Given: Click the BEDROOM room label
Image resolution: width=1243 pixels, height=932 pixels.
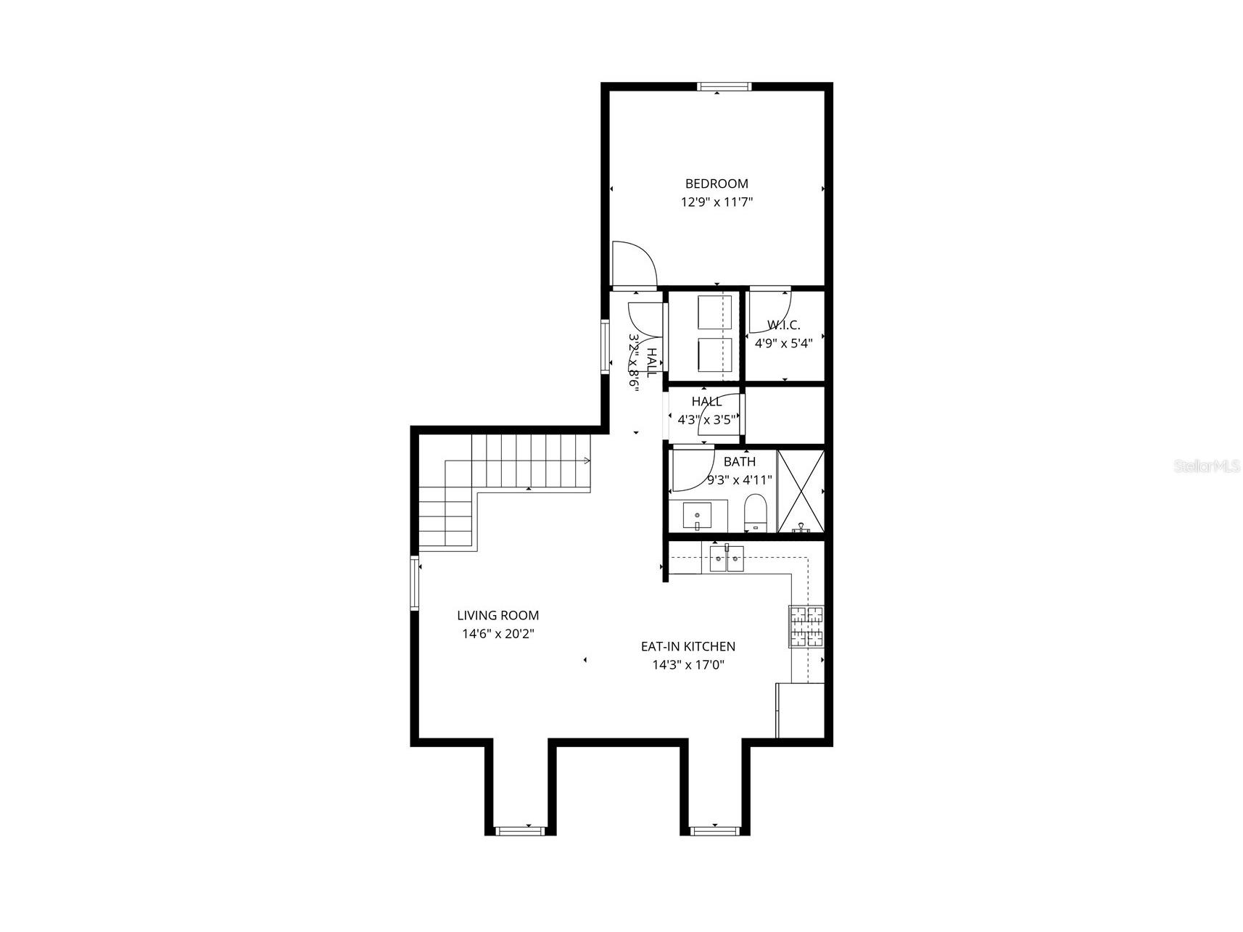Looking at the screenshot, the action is (x=717, y=184).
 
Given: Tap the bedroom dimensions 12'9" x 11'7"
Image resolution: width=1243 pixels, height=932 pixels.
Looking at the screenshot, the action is (x=717, y=202).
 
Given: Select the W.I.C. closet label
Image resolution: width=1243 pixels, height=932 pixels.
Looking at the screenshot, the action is (x=784, y=325).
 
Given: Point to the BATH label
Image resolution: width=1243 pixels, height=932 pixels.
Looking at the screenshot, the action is (x=739, y=462).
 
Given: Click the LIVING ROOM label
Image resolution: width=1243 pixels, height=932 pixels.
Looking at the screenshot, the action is (x=497, y=616).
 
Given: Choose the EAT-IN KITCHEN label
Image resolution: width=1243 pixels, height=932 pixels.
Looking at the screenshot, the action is (x=688, y=646).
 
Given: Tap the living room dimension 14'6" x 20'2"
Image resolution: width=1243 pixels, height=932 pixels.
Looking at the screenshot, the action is (x=498, y=634).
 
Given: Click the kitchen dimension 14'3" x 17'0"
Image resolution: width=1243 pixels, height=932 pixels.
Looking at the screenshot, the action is (x=688, y=664).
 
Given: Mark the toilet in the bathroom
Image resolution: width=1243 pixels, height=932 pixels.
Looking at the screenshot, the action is (x=756, y=513).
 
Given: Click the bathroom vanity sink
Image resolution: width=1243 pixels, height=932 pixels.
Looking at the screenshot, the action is (x=697, y=516).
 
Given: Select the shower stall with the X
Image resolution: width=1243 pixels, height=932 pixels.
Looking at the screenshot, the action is (x=801, y=492).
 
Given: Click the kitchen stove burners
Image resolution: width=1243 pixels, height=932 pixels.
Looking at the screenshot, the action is (x=807, y=626).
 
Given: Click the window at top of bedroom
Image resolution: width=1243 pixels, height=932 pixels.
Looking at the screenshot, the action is (x=724, y=87).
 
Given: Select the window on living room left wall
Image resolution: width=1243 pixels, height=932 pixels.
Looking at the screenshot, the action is (x=416, y=582).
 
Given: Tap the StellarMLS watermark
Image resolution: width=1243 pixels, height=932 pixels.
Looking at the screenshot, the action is (x=1207, y=466).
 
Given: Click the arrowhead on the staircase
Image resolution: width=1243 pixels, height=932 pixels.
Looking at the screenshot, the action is (x=587, y=460).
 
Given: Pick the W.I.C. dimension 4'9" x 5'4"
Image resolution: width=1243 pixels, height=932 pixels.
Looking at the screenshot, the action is (x=784, y=343).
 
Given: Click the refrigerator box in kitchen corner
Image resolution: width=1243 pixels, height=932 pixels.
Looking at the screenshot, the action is (x=801, y=711).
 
